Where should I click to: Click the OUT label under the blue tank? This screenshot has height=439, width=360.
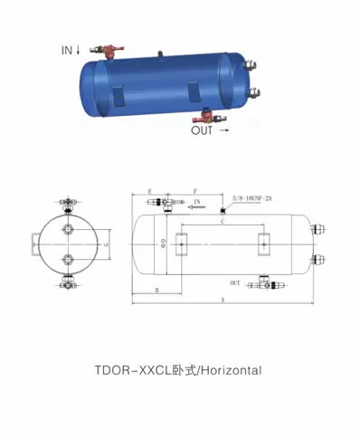coord(204,130)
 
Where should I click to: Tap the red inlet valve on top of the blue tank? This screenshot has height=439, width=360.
coord(113,46)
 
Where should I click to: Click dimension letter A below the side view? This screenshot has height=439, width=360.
coord(221,299)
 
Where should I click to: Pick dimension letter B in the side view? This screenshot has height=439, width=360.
coord(157,290)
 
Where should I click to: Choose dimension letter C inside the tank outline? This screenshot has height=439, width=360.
coord(223,221)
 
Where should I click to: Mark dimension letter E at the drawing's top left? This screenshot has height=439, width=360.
coord(148,192)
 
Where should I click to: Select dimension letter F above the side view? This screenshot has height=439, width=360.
coord(196,192)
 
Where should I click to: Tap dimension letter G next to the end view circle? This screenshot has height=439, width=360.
coord(107,244)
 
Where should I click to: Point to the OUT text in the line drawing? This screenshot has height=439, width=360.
coord(235,282)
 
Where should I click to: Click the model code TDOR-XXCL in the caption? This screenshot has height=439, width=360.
coord(130,370)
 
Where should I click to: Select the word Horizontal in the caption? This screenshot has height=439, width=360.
coord(231,370)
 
